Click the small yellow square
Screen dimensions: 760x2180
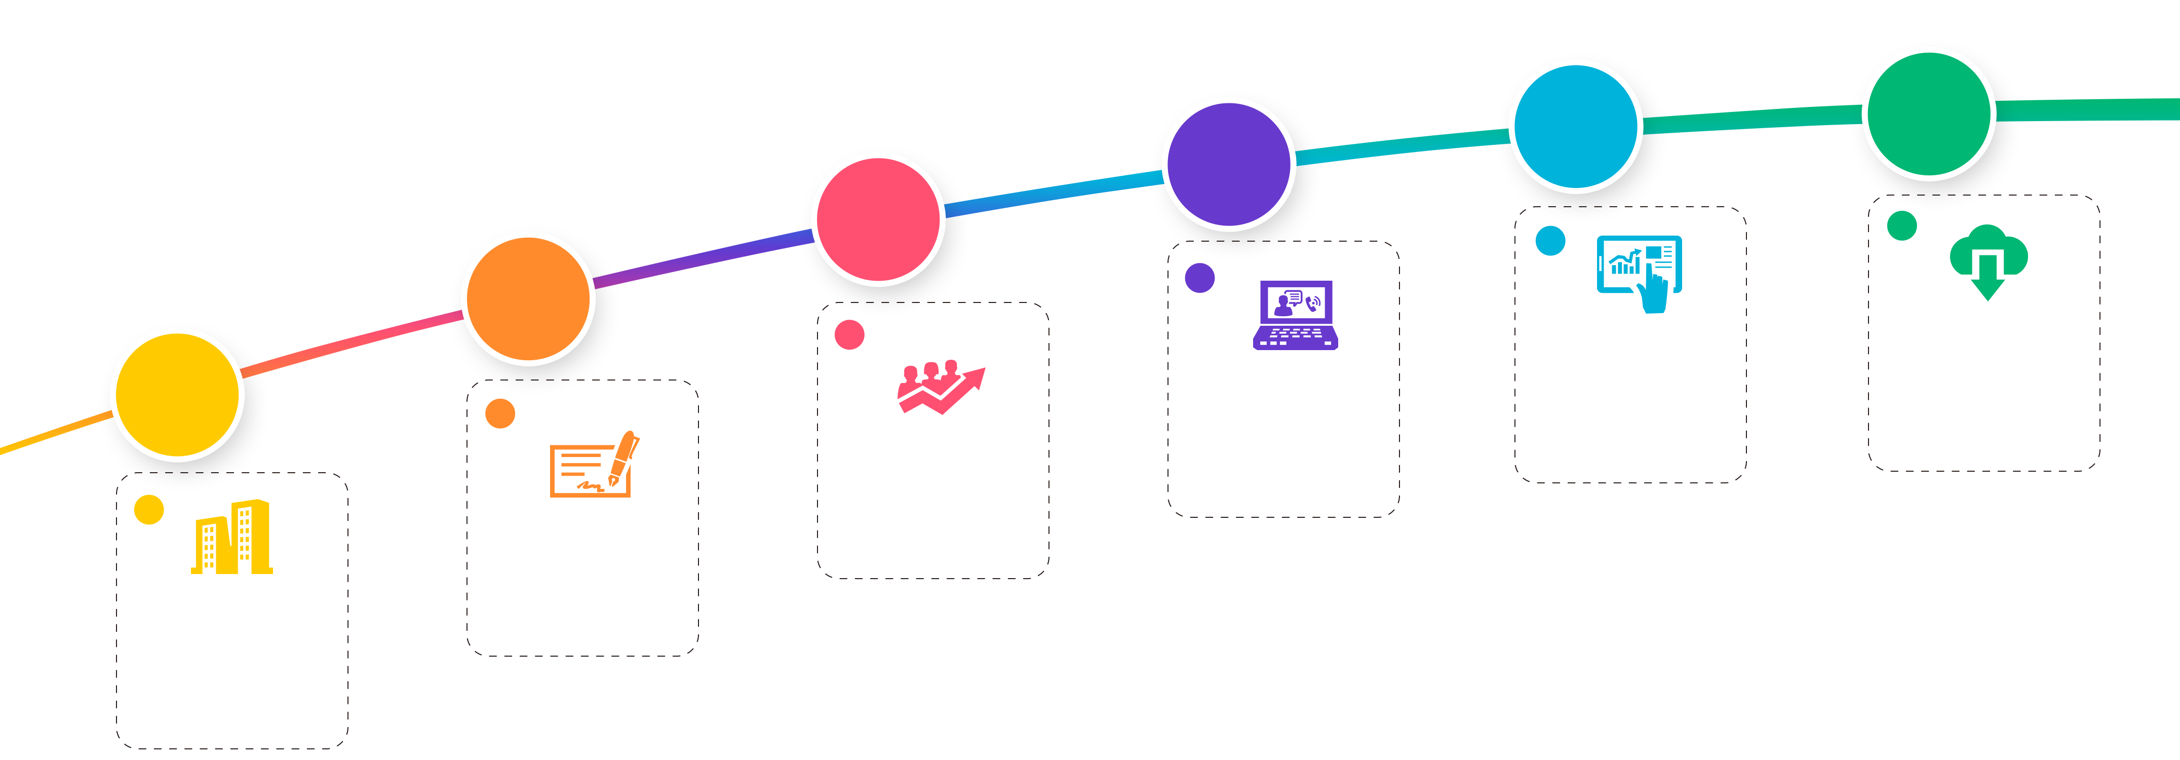[x=149, y=510]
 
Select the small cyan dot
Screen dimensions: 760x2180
[x=1550, y=240]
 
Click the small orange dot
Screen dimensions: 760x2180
[x=499, y=414]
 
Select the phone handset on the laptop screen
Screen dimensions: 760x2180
[x=1312, y=302]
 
